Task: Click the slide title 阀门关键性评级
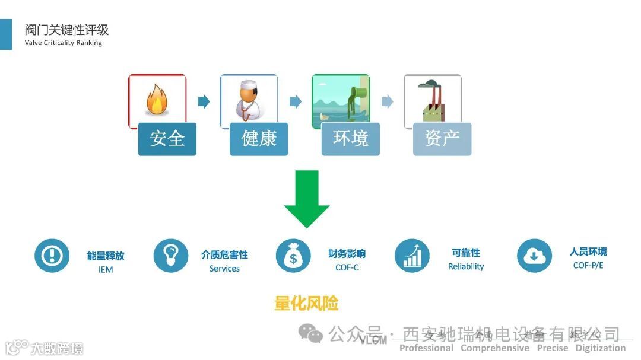(x=66, y=30)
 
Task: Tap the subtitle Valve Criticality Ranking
(x=63, y=43)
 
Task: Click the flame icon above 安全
(x=156, y=100)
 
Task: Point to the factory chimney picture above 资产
(x=433, y=98)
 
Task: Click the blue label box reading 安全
(x=167, y=139)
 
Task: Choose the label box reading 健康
(x=259, y=139)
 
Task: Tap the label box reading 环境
(x=350, y=139)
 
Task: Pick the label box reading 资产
(x=442, y=139)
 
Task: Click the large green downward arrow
(x=306, y=199)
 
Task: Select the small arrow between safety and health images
(x=204, y=101)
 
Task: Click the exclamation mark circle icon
(x=52, y=256)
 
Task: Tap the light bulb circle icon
(x=171, y=256)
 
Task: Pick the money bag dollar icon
(x=293, y=256)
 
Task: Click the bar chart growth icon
(x=412, y=256)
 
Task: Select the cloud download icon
(x=534, y=256)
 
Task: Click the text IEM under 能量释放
(x=106, y=270)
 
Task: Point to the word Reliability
(x=466, y=267)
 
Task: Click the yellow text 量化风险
(x=306, y=304)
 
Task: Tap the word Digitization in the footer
(x=600, y=348)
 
